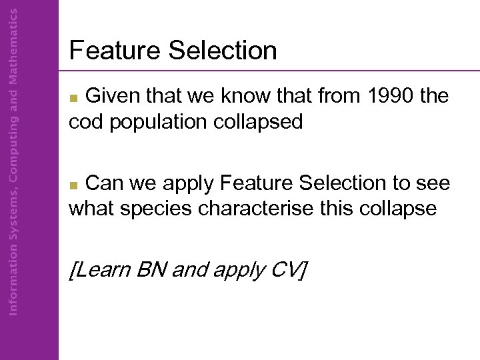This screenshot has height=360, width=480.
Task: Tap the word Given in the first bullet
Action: click(112, 97)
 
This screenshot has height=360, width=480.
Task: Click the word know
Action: click(247, 97)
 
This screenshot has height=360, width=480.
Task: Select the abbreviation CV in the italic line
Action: click(285, 270)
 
